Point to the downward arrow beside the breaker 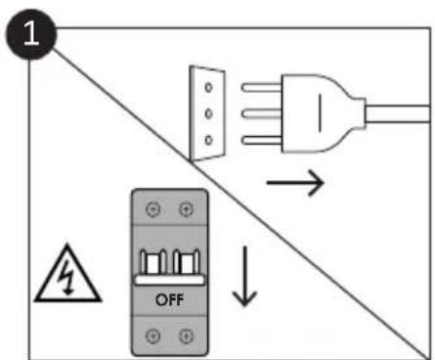[245, 278]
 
